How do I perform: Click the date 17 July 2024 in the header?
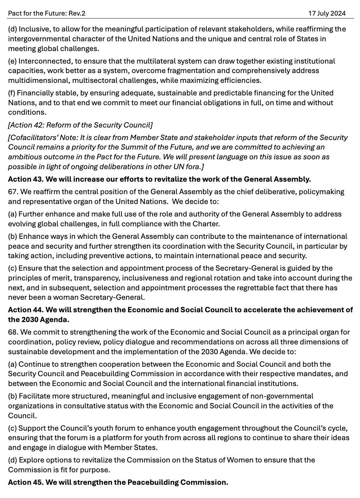click(x=327, y=13)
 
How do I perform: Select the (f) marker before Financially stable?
click(x=12, y=93)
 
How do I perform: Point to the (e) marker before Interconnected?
click(x=12, y=61)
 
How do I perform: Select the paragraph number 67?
click(x=13, y=191)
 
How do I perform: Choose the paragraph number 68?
click(x=13, y=332)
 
